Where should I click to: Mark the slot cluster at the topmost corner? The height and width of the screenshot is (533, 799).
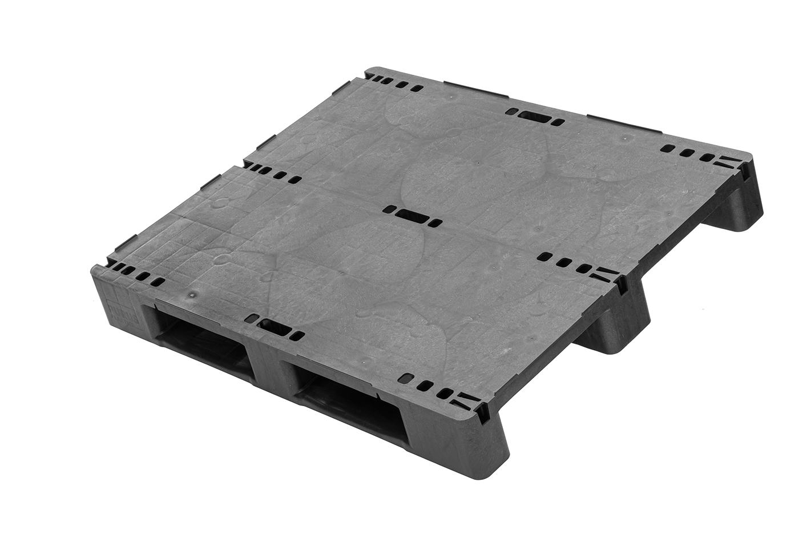[394, 84]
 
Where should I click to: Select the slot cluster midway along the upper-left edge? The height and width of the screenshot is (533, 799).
[271, 173]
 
